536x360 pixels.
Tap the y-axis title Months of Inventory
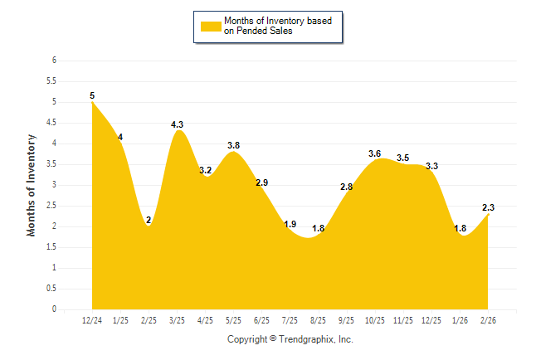[32, 185]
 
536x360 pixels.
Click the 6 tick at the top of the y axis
[53, 61]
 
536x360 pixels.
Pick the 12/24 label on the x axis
[92, 321]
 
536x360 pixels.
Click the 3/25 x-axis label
[178, 321]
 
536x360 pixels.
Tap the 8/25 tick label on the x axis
[318, 321]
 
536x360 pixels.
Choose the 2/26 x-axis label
[488, 321]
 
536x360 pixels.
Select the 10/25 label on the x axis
[374, 321]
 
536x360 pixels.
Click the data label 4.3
[178, 124]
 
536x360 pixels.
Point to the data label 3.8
[234, 145]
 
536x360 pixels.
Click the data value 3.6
[374, 153]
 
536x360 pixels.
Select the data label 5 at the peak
[92, 95]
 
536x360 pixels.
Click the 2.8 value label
[346, 187]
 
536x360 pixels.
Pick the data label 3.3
[431, 166]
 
